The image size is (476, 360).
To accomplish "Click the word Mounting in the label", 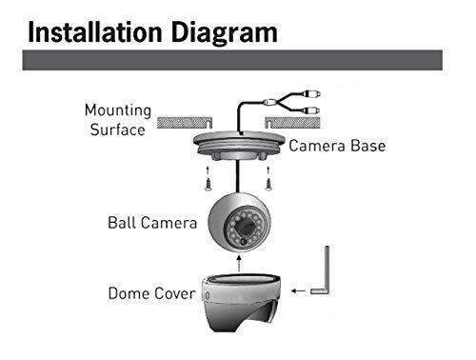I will [x=117, y=110].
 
